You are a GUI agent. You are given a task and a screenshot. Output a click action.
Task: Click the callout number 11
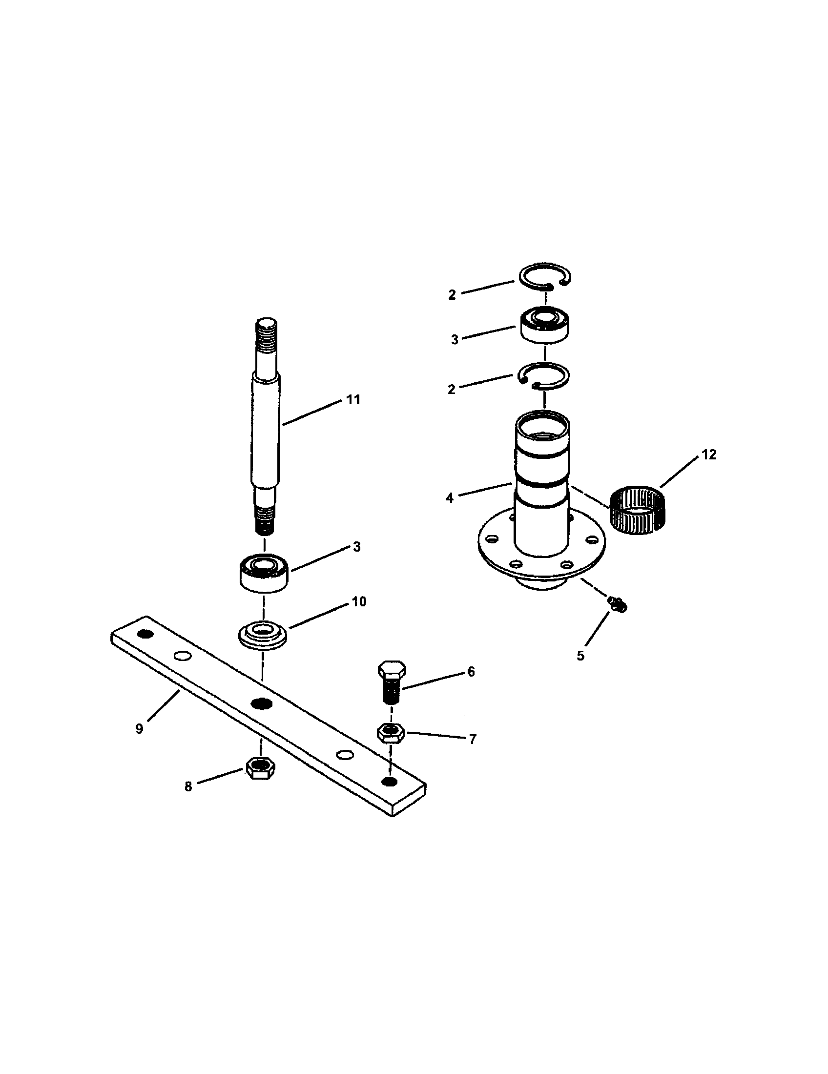[353, 400]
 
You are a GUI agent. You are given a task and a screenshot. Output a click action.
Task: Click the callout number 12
[709, 455]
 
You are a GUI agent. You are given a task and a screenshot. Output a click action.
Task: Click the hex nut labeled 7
[391, 733]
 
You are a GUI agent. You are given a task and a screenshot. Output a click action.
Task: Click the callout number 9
[139, 729]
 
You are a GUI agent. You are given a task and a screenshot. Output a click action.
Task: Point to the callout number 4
[450, 498]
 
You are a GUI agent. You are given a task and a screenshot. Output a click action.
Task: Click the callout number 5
[580, 656]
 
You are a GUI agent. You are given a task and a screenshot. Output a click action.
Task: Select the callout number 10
[359, 601]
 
